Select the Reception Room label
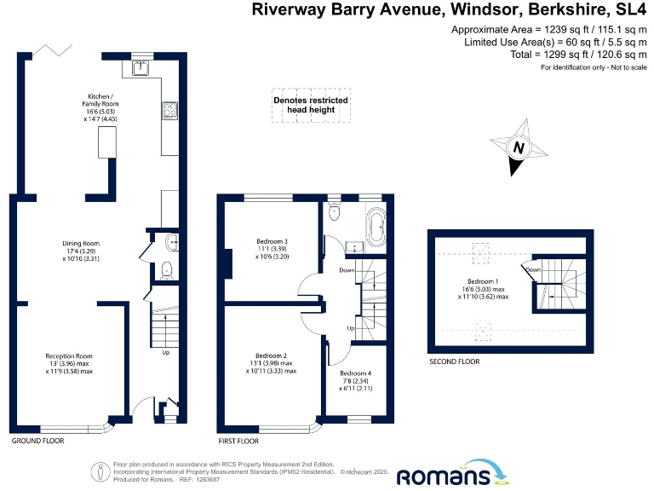pos(69,355)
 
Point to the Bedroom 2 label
pos(272,355)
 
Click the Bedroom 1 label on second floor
pos(483,282)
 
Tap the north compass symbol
pos(517,147)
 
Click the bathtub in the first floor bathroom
pos(375,226)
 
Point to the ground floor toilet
pos(166,271)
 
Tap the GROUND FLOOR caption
pos(37,441)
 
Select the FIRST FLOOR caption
pos(239,441)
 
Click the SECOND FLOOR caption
pos(455,361)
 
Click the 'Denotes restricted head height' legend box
pos(311,105)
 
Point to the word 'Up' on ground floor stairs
pos(165,351)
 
